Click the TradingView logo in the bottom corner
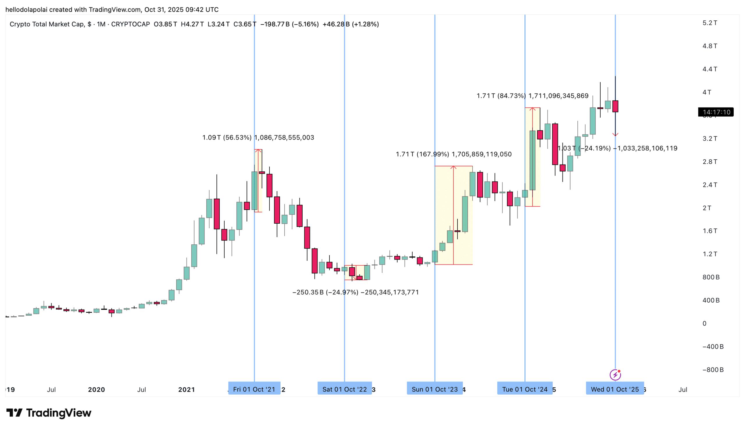49,413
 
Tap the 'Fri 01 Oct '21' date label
254,389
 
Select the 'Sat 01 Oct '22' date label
344,389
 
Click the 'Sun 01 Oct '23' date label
434,389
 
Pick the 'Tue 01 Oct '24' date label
524,389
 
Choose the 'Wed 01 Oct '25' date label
615,389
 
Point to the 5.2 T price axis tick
710,23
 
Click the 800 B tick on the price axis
711,277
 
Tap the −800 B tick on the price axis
713,370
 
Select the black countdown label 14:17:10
716,112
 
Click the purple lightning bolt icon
615,375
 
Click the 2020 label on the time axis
96,389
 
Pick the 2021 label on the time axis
186,389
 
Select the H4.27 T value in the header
192,24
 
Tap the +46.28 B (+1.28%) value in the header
351,24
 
